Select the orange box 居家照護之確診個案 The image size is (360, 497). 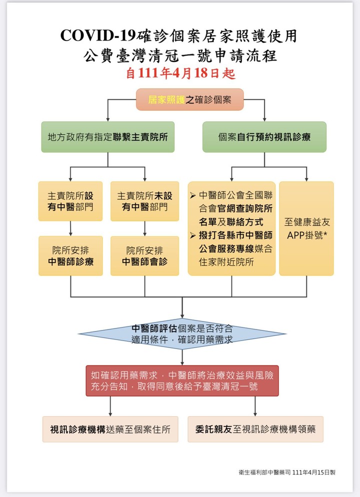click(189, 99)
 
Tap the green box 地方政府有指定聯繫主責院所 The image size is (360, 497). click(107, 136)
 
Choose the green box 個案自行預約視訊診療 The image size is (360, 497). click(264, 136)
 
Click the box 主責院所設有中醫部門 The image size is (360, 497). click(70, 201)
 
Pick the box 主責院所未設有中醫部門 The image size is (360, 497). click(144, 201)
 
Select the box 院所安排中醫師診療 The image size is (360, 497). click(70, 255)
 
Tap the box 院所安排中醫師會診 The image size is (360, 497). click(144, 255)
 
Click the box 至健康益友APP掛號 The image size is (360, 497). click(306, 228)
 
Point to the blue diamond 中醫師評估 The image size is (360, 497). click(182, 333)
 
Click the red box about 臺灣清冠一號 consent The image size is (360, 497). click(182, 380)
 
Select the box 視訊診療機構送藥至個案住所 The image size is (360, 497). click(110, 429)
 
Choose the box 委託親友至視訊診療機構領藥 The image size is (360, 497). click(255, 429)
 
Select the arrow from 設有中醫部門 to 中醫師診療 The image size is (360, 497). click(70, 228)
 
